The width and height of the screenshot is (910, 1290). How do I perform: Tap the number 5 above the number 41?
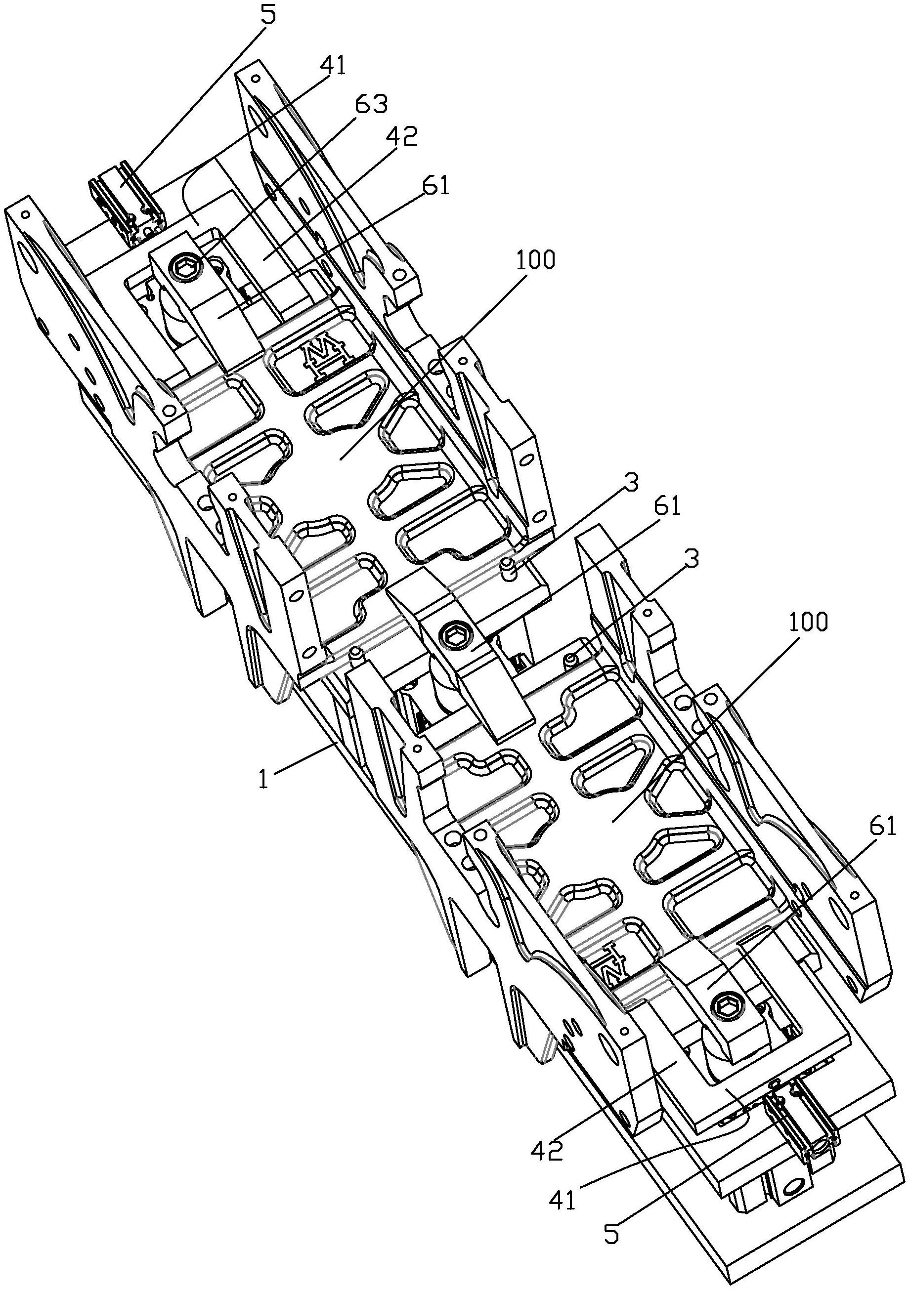pos(269,15)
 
